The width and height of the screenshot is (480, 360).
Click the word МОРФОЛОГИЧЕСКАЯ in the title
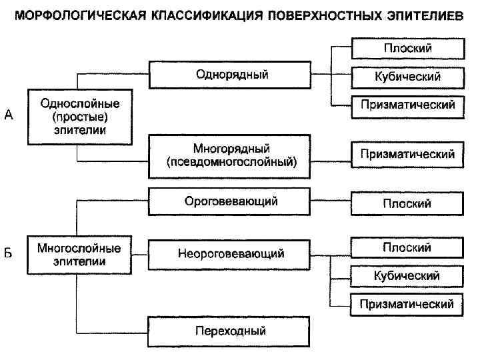[75, 15]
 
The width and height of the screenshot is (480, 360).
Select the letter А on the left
[9, 116]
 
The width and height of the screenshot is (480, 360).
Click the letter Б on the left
[9, 254]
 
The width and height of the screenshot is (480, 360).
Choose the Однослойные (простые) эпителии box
[79, 117]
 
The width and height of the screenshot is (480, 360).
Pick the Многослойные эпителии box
[79, 254]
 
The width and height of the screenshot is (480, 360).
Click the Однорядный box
[229, 75]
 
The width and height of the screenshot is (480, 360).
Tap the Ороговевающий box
[229, 201]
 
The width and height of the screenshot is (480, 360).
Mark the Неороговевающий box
[229, 254]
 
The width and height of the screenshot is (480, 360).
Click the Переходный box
[229, 331]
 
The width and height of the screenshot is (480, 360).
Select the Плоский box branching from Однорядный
[407, 49]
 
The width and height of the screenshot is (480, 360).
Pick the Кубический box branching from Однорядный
[407, 77]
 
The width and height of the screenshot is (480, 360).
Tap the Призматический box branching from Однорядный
[407, 105]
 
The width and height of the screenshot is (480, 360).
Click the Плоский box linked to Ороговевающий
[407, 203]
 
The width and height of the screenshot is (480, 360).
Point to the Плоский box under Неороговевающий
[407, 247]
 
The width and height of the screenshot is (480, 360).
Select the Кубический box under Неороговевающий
[407, 275]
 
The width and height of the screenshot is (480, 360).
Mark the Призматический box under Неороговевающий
[407, 304]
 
